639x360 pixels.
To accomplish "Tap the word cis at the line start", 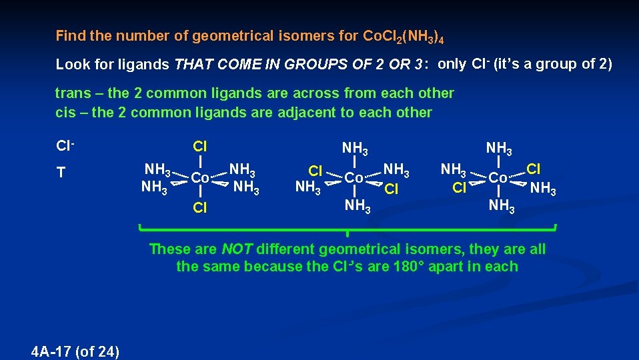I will (65, 112).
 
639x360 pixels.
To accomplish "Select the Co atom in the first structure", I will (200, 178).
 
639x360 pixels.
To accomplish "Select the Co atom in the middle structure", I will (354, 178).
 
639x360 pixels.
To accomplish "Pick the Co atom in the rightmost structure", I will (499, 178).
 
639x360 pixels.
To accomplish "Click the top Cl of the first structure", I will (199, 147).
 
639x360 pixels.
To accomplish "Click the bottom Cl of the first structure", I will (199, 208).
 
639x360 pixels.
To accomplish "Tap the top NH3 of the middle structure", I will (355, 147).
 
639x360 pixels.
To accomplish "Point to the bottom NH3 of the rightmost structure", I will (502, 206).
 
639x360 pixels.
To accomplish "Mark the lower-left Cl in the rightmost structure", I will (459, 188).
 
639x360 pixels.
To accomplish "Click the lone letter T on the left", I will (61, 173).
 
